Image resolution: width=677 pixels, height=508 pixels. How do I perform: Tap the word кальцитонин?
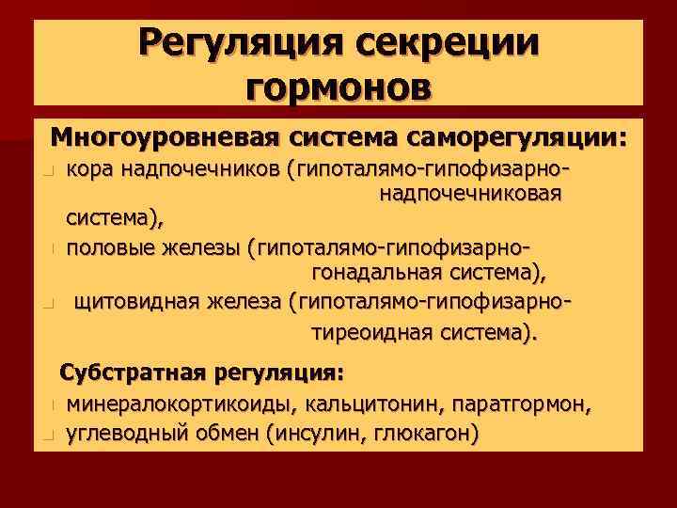tap(370, 405)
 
